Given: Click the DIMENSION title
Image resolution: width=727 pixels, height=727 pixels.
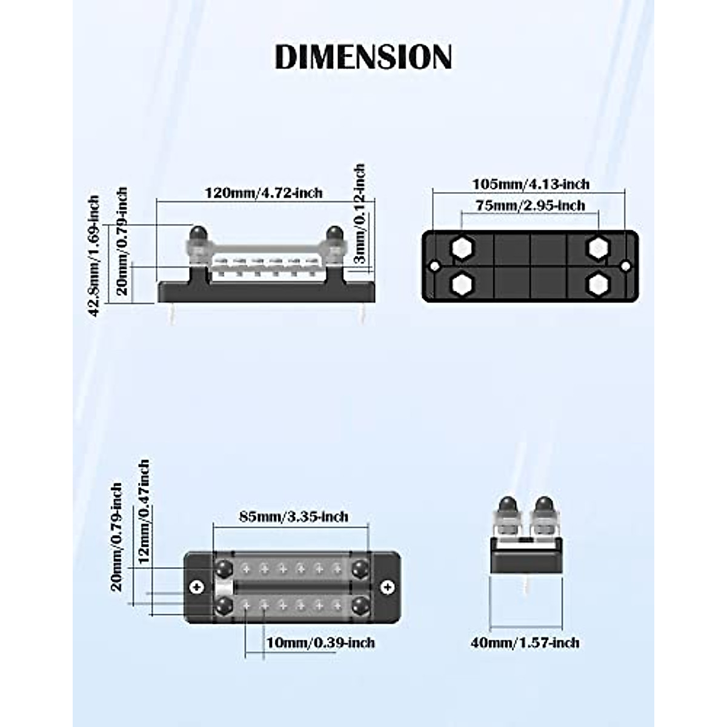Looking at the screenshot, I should pos(363,57).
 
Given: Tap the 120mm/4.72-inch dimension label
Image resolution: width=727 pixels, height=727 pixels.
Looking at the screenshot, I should pos(264,193).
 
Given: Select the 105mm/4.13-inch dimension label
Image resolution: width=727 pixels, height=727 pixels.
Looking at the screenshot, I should pos(531,184).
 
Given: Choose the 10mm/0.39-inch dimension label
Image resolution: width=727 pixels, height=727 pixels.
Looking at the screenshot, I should pos(320,642).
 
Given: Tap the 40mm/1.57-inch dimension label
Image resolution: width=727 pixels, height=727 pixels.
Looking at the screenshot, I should pos(525,643).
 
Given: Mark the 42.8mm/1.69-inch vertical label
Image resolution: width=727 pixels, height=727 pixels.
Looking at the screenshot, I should pos(94,256).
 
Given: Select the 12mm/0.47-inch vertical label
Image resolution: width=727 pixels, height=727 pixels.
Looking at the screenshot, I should pos(144,512).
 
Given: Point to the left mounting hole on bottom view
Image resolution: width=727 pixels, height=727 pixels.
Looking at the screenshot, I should pos(434,266).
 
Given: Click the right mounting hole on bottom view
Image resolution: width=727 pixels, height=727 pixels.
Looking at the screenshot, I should pos(626,266).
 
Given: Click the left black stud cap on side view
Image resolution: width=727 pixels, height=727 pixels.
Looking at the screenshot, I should pos(197,233).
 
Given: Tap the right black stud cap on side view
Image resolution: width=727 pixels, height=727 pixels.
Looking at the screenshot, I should pos(334,233).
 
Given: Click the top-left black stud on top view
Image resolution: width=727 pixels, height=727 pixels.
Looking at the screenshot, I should pos(223,568).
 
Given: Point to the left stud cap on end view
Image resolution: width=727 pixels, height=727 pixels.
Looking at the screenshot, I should pos(507,505).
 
